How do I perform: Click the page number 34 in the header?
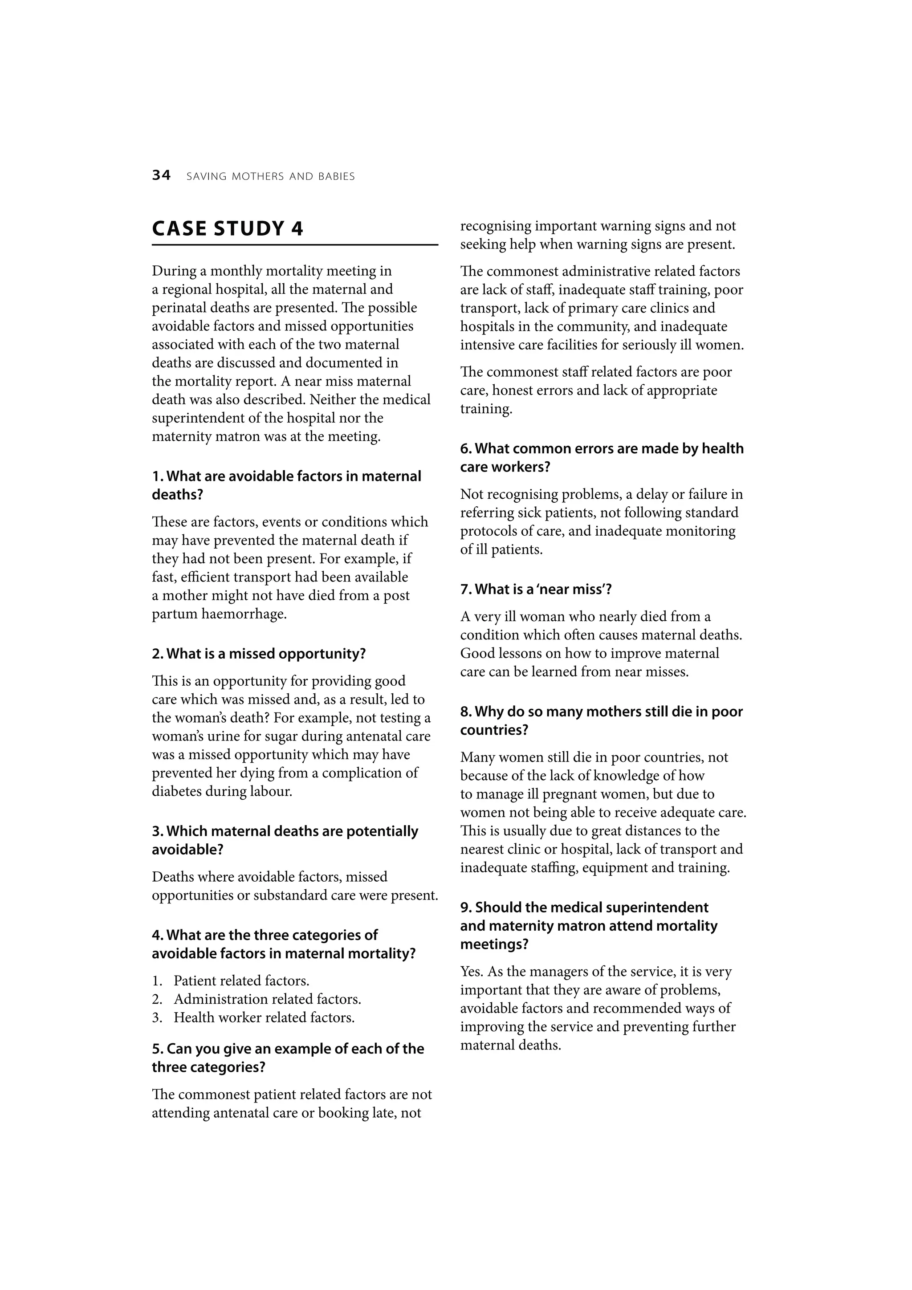[161, 176]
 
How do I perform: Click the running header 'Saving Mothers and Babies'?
[270, 176]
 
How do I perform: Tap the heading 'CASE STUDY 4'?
[228, 229]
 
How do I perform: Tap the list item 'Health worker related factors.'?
[264, 1017]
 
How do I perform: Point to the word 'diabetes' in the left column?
[176, 792]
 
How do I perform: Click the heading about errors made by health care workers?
[601, 457]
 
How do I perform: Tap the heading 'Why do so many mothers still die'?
[601, 720]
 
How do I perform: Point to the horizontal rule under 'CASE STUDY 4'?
[294, 245]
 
